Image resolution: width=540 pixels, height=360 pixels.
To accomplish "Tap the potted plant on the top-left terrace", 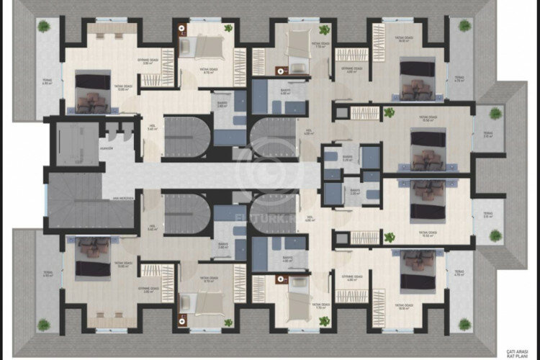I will (44, 27).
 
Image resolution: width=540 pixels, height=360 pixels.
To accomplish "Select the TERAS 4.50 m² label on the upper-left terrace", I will (48, 82).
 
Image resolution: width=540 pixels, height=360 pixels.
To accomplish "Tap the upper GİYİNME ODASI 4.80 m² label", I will (351, 69).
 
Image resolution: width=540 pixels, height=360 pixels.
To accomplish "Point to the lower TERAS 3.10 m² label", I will (488, 215).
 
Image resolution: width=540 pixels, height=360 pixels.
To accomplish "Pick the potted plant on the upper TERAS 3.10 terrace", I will (496, 113).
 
